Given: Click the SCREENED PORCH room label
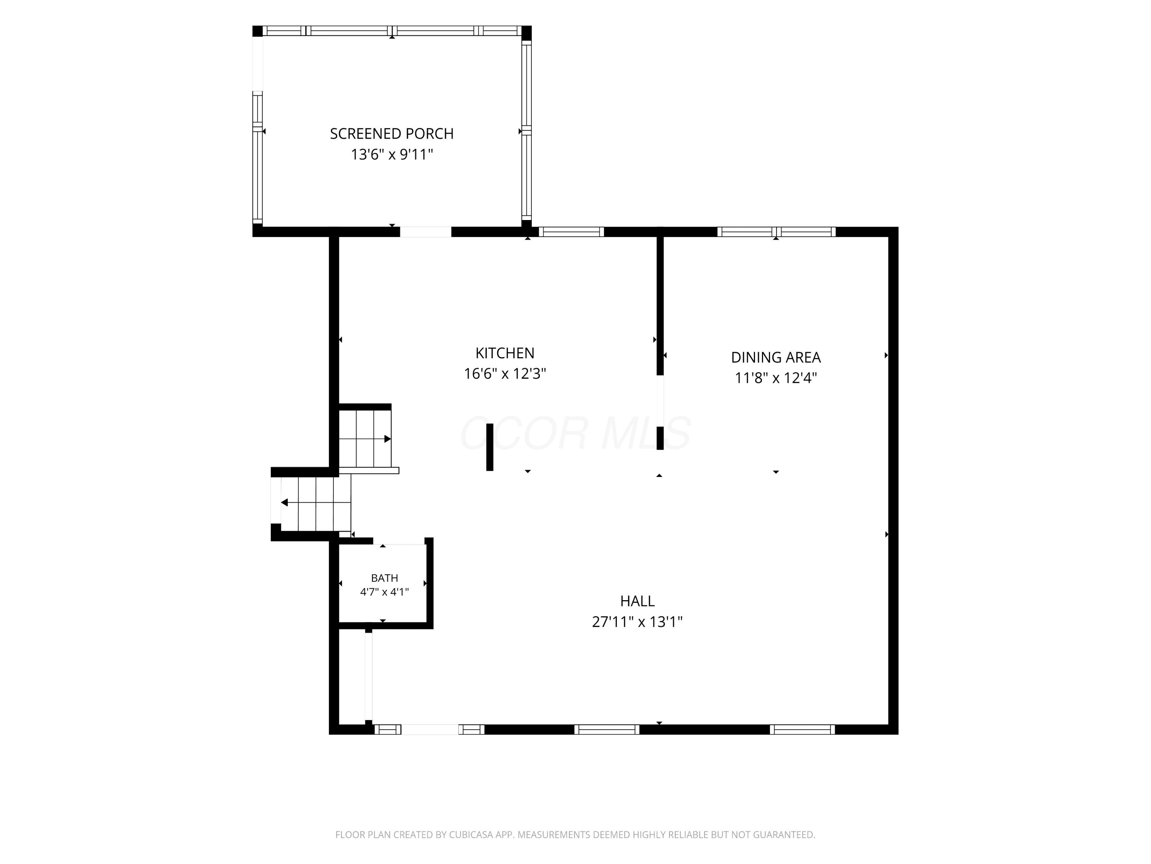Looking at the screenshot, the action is pos(392,134).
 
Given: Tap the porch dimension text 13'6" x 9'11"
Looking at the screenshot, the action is pos(392,155).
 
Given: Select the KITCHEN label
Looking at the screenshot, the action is pos(505,353).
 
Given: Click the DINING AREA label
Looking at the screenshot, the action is pos(776,357).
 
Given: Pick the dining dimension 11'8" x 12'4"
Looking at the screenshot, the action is pos(776,377).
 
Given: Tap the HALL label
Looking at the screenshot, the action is pos(637,601).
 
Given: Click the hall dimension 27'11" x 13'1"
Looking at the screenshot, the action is pos(637,622).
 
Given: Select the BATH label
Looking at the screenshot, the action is pos(384,578).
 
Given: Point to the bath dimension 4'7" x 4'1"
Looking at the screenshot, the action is pos(384,592).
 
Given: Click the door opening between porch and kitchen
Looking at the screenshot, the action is pos(425,232).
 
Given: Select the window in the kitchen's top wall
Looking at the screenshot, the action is pos(571,232).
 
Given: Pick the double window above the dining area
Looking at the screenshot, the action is pos(777,232).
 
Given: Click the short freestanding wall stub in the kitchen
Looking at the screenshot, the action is pos(490,447).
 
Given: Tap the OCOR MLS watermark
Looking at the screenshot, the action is pos(575,433).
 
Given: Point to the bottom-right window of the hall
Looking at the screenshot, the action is pos(802,730).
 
